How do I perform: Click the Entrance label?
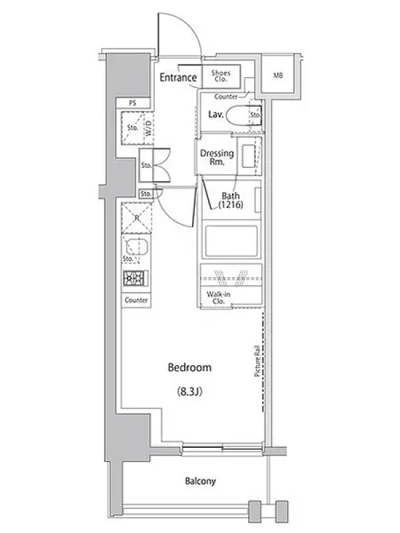[x=178, y=77]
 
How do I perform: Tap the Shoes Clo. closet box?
[x=221, y=76]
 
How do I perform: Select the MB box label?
[x=278, y=75]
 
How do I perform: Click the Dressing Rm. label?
[x=217, y=157]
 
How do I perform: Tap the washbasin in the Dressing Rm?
[x=248, y=156]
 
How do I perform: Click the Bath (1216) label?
[x=231, y=201]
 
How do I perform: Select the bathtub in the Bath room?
[x=231, y=241]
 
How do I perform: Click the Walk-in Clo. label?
[x=219, y=298]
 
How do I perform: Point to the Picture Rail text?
[x=257, y=361]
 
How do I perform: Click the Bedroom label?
[x=189, y=368]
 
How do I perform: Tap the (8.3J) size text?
[x=189, y=392]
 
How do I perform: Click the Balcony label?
[x=201, y=481]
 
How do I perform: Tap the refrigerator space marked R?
[x=137, y=218]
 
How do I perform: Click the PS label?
[x=133, y=103]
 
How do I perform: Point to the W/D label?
[x=148, y=128]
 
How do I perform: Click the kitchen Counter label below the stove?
[x=136, y=300]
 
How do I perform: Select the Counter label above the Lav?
[x=226, y=97]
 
